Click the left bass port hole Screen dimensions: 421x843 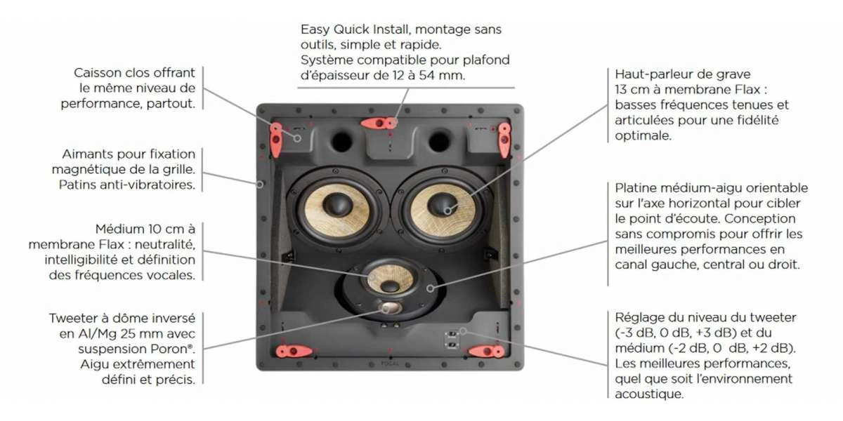(x=341, y=141)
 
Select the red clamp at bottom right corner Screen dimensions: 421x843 (x=485, y=350)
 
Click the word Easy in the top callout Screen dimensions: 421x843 (x=315, y=30)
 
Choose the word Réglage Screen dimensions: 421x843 (x=637, y=317)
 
